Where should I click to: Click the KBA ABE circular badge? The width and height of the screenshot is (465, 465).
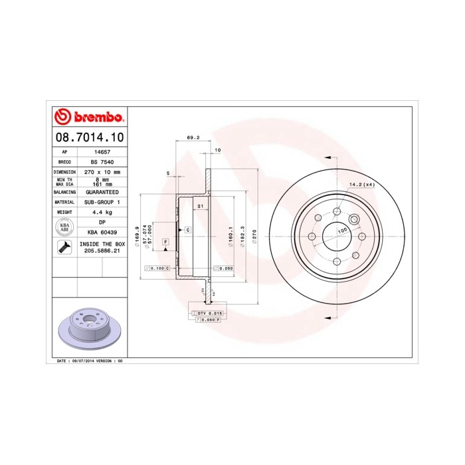65,227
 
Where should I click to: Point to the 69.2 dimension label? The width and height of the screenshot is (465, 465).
193,138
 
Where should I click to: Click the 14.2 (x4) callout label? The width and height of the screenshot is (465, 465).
362,184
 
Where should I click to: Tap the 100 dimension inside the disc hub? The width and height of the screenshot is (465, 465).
342,230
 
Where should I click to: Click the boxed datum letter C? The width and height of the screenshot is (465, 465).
188,229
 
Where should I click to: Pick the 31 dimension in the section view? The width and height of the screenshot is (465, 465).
199,207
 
